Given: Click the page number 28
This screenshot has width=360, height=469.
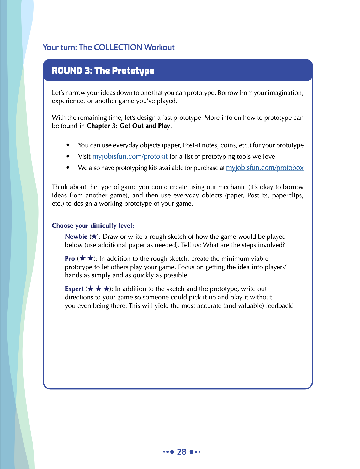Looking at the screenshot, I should click(x=182, y=452).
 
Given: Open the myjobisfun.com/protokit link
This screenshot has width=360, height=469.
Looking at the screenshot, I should click(x=130, y=157).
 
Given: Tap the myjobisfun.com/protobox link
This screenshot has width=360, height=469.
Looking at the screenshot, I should click(x=265, y=168).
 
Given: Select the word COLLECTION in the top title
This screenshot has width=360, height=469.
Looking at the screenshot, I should click(x=118, y=48).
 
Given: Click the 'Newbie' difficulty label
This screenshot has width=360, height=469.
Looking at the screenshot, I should click(x=76, y=237).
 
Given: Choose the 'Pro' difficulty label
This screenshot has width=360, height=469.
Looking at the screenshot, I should click(x=70, y=259).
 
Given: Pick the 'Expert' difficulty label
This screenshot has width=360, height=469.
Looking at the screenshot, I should click(x=74, y=289).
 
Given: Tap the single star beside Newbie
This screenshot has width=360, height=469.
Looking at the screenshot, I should click(x=94, y=237).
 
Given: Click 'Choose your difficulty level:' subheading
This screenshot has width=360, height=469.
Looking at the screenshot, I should click(x=93, y=226).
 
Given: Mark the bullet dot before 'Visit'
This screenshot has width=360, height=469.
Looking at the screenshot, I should click(x=68, y=157).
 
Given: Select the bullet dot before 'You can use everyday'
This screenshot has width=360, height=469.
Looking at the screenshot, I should click(x=68, y=145).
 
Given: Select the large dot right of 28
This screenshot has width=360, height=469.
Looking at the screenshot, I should click(x=192, y=452).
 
